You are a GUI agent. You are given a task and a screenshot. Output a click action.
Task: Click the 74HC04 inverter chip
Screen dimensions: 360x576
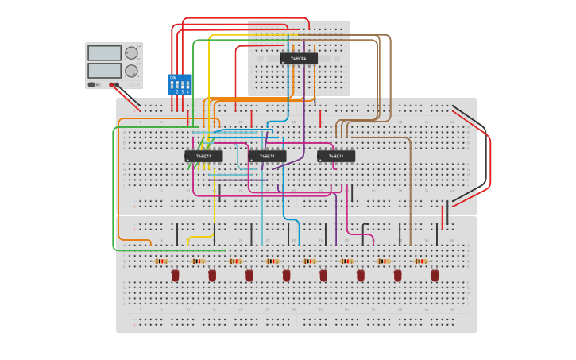[298, 59]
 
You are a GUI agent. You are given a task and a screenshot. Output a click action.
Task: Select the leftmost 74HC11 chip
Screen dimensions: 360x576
[203, 156]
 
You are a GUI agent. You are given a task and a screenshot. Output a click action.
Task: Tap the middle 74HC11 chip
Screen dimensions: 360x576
[267, 156]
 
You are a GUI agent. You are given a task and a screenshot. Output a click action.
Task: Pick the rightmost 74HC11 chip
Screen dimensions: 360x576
[336, 156]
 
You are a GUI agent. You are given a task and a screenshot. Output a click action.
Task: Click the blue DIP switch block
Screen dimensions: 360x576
[180, 85]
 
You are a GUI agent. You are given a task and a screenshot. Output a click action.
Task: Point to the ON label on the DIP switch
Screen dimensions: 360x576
[172, 78]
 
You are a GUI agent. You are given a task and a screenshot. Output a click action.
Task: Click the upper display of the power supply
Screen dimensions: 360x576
[104, 53]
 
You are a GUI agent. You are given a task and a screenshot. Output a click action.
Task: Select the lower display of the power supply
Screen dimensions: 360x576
[104, 70]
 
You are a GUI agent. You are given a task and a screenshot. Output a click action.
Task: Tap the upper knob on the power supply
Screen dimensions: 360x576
[131, 53]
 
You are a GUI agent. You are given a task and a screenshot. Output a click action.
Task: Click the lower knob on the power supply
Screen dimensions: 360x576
[131, 71]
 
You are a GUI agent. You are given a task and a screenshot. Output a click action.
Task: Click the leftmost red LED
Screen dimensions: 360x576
[176, 275]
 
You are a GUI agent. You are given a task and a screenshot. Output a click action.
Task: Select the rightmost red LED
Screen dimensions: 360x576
[435, 275]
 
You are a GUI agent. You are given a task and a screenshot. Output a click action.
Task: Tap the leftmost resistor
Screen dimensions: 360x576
[161, 261]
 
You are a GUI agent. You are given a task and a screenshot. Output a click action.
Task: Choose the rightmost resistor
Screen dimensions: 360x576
[420, 261]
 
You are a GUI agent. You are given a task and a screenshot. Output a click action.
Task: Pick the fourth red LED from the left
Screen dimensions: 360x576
[286, 275]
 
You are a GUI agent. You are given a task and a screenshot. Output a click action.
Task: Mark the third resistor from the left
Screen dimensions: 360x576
[235, 261]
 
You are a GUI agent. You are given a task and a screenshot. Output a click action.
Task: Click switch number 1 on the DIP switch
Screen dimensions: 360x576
[172, 85]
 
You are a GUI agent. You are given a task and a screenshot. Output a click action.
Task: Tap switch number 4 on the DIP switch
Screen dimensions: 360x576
[187, 85]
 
